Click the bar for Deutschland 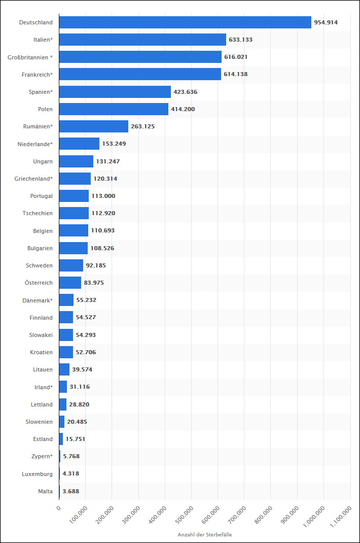point(185,22)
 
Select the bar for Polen point(114,109)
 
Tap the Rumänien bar point(94,126)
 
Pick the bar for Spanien point(115,92)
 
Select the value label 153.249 point(114,144)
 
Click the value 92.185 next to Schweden point(96,265)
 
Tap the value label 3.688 point(71,491)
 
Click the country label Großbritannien point(30,57)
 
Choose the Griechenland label point(33,179)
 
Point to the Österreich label point(39,283)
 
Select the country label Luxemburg point(37,474)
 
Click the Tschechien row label point(38,213)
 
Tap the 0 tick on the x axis point(59,507)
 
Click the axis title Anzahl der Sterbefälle point(205,535)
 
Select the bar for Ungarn point(76,161)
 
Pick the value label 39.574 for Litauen point(83,369)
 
